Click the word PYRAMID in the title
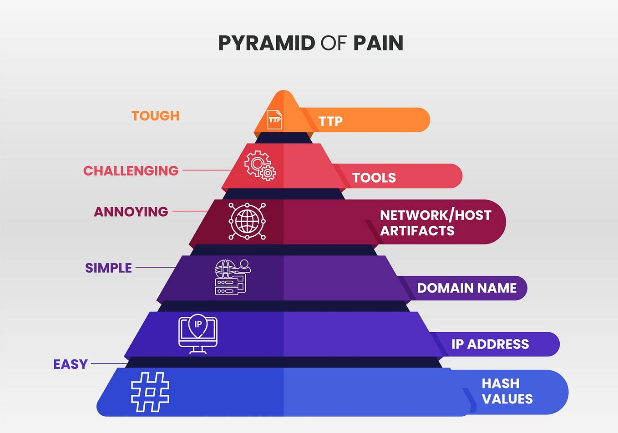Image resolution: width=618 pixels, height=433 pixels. pos(266,43)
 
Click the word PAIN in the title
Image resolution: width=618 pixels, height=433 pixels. pos(378,43)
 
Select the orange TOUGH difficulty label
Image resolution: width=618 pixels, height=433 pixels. pos(155,116)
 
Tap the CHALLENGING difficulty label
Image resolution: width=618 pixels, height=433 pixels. pos(131,171)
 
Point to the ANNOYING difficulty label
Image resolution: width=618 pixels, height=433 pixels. pos(131,212)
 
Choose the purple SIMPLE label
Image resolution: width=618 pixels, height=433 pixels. pos(108,268)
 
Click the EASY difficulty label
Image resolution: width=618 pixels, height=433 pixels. pos(71,364)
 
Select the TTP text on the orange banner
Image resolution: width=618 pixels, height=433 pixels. pos(330,121)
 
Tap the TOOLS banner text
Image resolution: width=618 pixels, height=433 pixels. pos(374,178)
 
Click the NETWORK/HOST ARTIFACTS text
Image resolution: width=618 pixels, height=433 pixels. pos(436,223)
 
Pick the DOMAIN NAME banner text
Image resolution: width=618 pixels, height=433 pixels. pos(467,288)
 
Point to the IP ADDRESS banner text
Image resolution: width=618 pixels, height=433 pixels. pos(490,344)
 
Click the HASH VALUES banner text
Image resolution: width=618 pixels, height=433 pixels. pos(507,391)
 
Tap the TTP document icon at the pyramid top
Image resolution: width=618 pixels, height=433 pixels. pos(274,119)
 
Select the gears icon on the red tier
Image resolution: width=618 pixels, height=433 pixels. pos(260,166)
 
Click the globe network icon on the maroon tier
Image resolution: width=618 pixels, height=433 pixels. pos(247,221)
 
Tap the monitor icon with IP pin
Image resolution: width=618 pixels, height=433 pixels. pos(198,333)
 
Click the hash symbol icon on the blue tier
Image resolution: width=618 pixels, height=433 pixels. pos(150,392)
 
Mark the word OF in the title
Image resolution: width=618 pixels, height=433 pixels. pos(334,43)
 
